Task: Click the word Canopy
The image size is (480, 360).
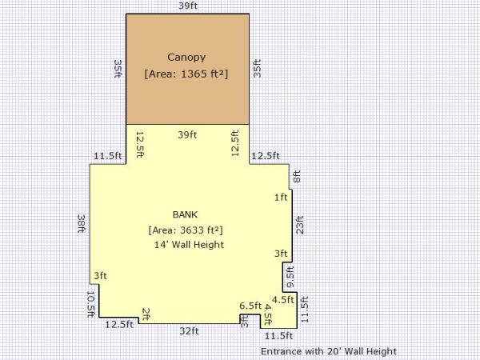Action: pyautogui.click(x=186, y=58)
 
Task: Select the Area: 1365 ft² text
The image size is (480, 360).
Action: pyautogui.click(x=186, y=74)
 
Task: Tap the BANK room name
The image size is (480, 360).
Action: pyautogui.click(x=185, y=214)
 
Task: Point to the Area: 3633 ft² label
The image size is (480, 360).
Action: pyautogui.click(x=186, y=230)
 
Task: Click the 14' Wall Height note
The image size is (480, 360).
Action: pyautogui.click(x=189, y=245)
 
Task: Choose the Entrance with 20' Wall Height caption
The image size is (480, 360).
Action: pyautogui.click(x=329, y=351)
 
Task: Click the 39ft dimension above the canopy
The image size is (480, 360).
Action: pyautogui.click(x=188, y=6)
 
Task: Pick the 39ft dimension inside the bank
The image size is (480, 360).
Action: pyautogui.click(x=187, y=134)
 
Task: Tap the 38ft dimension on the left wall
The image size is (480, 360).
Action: pyautogui.click(x=82, y=223)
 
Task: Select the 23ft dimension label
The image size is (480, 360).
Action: pyautogui.click(x=300, y=225)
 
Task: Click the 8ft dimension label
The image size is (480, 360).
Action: pyautogui.click(x=297, y=177)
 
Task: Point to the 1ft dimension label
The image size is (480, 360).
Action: pyautogui.click(x=281, y=198)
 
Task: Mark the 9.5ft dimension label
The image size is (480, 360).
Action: pyautogui.click(x=290, y=277)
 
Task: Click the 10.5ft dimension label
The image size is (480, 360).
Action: pyautogui.click(x=91, y=304)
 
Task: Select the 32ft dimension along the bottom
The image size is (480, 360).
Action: pyautogui.click(x=189, y=331)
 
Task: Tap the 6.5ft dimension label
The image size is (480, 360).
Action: pyautogui.click(x=250, y=306)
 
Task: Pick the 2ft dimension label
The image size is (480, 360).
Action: pyautogui.click(x=146, y=314)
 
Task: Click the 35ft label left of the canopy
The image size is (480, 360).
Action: pyautogui.click(x=118, y=69)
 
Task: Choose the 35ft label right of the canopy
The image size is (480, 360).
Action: pyautogui.click(x=257, y=68)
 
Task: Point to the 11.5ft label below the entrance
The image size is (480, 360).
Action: pyautogui.click(x=278, y=336)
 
